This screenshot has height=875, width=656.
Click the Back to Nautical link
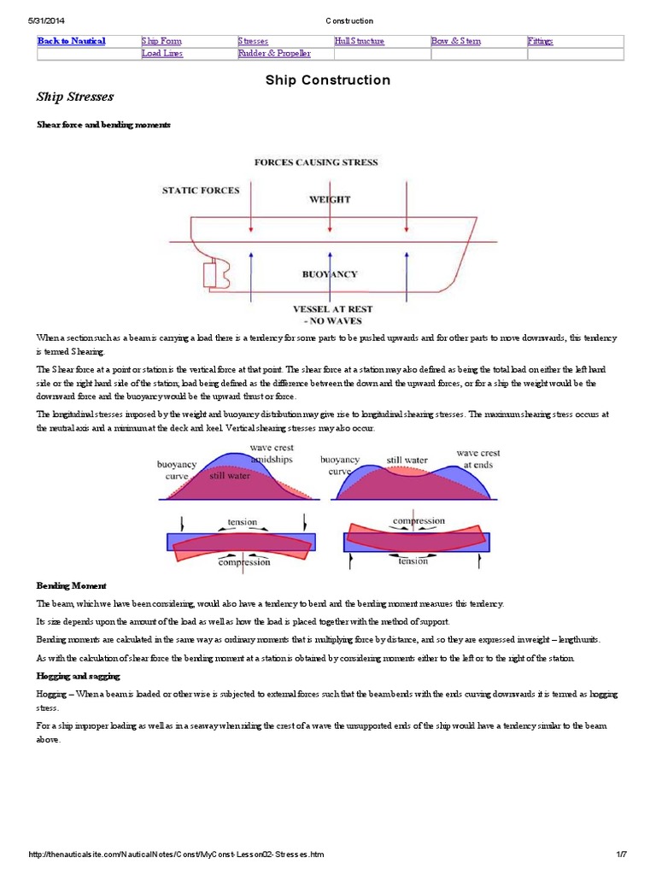(x=71, y=41)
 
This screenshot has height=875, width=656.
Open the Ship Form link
(x=161, y=41)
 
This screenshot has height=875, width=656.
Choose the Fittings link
(x=541, y=41)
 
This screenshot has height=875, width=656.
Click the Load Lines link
(x=162, y=53)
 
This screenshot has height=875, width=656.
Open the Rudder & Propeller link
(x=274, y=53)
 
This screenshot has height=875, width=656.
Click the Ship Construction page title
(x=328, y=80)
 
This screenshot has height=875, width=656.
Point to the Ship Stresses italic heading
(x=75, y=97)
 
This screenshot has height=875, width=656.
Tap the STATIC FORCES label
(x=201, y=190)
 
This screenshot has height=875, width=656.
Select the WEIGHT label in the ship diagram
(x=329, y=199)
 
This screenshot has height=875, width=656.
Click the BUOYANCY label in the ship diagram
(x=330, y=274)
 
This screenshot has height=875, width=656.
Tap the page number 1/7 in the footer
(x=621, y=854)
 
